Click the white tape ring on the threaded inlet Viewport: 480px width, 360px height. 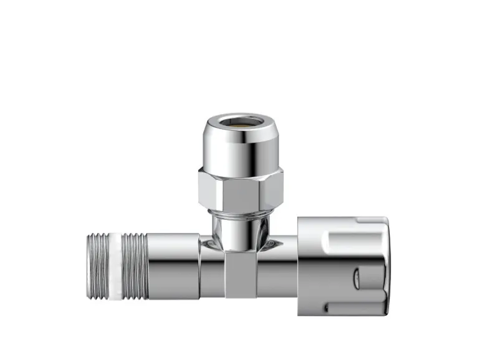pyautogui.click(x=115, y=265)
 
